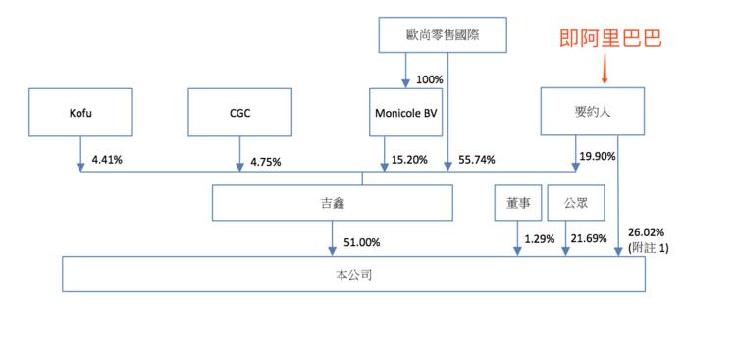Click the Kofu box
78,112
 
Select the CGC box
239,112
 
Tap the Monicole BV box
405,112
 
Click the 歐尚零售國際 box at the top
447,37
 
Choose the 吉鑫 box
333,204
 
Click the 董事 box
517,203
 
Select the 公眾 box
575,203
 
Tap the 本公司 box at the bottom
353,275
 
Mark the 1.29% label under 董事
539,239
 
